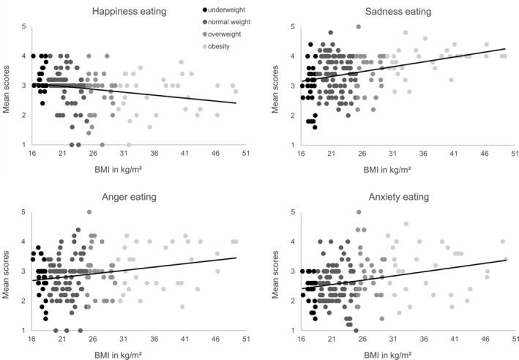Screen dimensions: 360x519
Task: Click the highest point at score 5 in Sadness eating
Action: point(359,27)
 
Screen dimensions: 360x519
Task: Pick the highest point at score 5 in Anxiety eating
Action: point(359,212)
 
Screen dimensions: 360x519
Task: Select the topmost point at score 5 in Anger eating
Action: point(89,212)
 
